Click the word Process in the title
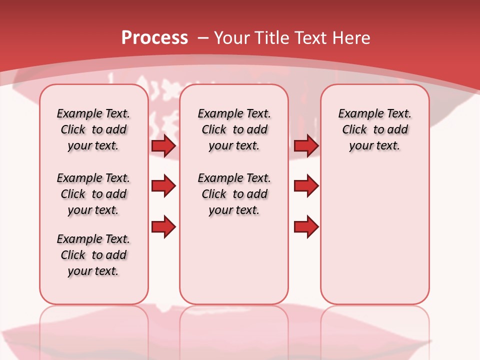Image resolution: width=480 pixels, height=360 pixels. point(154,38)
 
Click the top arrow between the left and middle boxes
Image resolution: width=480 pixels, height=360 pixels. point(163,145)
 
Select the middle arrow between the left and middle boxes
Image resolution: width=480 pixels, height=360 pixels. point(163,186)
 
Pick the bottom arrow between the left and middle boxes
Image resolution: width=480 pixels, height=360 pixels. point(163,226)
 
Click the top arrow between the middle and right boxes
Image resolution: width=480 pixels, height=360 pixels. point(306,145)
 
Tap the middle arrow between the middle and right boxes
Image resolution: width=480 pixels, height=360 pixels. point(306,186)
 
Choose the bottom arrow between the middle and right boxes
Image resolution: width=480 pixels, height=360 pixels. point(306,226)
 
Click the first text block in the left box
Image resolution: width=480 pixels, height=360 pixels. point(93,129)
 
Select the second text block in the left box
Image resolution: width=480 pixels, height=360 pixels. point(93,194)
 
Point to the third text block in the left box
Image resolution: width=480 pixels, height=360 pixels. point(93,255)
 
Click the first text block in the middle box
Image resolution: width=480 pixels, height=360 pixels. point(234,129)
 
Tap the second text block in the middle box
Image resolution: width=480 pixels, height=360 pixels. point(234,194)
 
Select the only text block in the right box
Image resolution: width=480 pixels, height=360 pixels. point(374,129)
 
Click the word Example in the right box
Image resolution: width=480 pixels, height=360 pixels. point(358,114)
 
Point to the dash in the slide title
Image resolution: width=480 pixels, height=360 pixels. point(203,38)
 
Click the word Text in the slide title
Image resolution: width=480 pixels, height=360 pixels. point(309,38)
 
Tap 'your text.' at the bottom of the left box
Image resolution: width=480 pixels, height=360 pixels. point(93,271)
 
